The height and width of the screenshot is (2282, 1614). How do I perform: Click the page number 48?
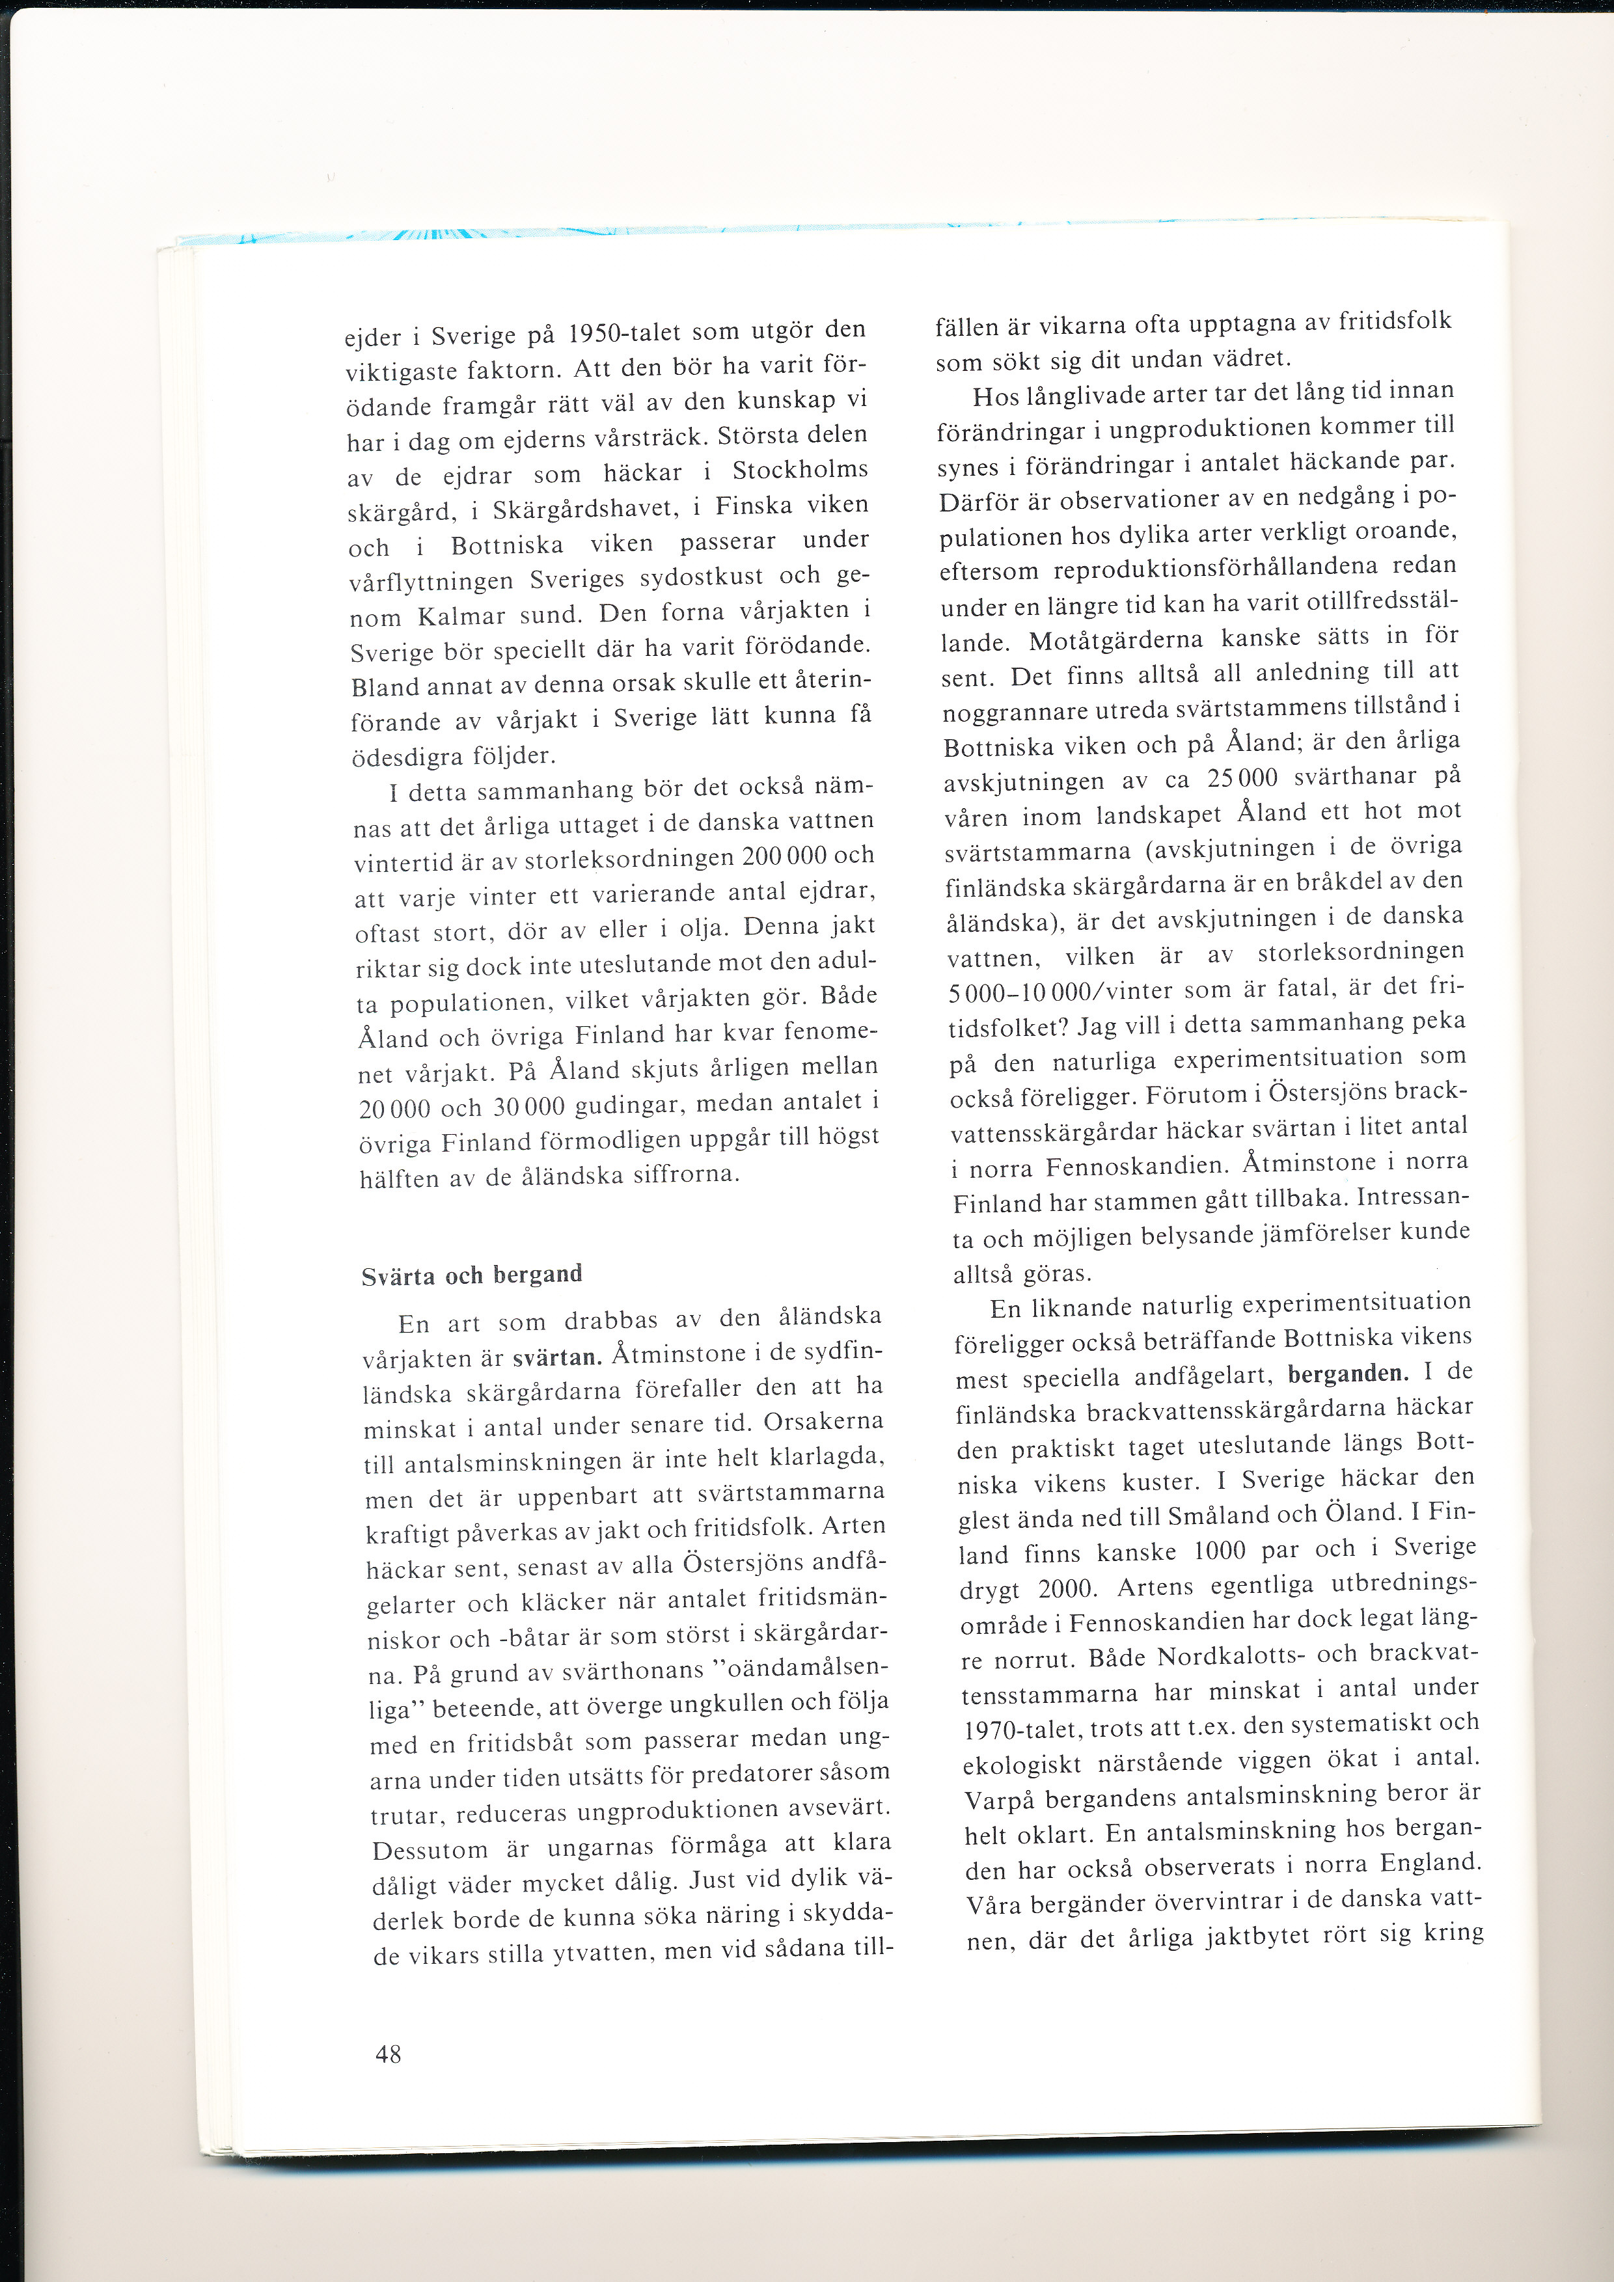point(388,2054)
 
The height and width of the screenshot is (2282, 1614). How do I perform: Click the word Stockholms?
point(800,469)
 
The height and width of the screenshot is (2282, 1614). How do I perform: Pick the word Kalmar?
point(464,616)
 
